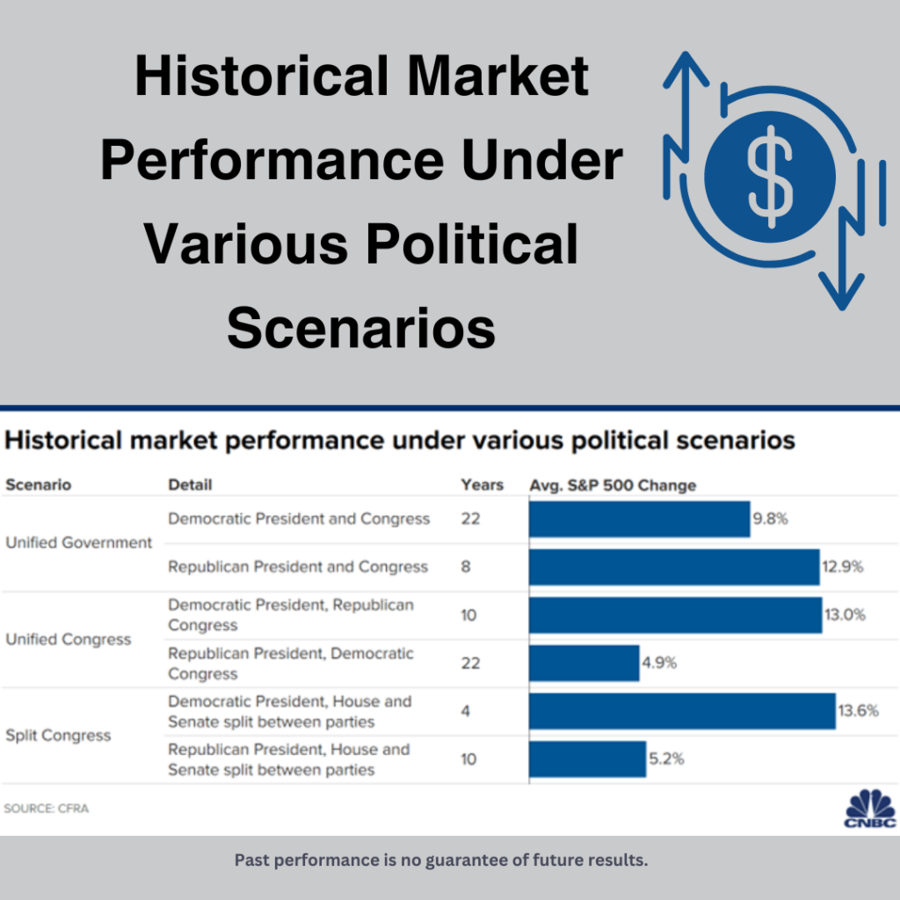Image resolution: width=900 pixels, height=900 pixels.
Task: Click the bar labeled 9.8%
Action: [x=640, y=519]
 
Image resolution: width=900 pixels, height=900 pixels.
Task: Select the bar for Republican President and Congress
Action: [x=674, y=567]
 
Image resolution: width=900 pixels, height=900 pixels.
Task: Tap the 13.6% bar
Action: [x=682, y=711]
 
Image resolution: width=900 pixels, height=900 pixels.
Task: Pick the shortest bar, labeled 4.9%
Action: [x=584, y=663]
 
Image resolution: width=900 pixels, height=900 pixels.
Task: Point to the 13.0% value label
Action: [x=845, y=614]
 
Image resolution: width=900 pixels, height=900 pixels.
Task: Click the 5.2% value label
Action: [x=666, y=758]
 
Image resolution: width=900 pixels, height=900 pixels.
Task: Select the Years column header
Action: [x=483, y=485]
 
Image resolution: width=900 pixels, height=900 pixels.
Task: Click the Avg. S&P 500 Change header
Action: [x=613, y=485]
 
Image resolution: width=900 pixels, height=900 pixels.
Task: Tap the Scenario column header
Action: [x=39, y=485]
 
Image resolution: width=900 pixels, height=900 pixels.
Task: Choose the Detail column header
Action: [x=190, y=485]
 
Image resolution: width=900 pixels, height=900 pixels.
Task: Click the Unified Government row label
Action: [x=78, y=542]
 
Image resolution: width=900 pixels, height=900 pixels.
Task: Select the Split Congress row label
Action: [x=58, y=736]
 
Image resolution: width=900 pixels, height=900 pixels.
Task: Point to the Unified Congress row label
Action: [x=69, y=640]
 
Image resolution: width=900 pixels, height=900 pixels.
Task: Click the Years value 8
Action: [x=466, y=567]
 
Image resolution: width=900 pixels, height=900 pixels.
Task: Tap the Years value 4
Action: [x=466, y=711]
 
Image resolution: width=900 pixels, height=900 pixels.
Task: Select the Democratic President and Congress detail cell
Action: [x=299, y=519]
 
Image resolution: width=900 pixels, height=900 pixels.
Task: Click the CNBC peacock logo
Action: [x=870, y=809]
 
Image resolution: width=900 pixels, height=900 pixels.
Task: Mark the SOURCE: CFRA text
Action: [x=47, y=809]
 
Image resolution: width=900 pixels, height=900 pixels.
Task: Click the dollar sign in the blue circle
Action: [x=770, y=177]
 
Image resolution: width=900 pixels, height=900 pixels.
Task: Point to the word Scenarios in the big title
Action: [x=361, y=329]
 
